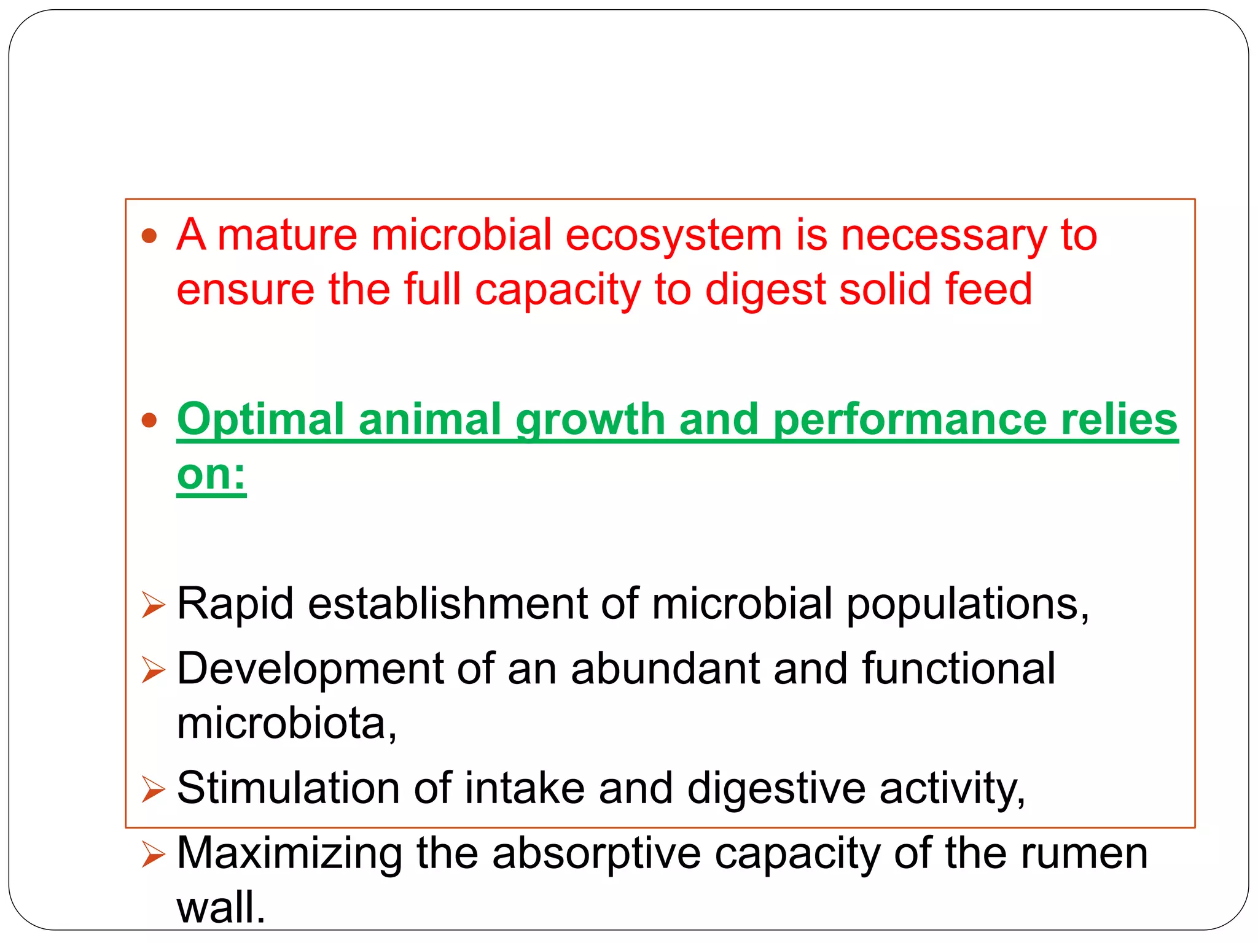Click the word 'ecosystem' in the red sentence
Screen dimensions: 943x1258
673,236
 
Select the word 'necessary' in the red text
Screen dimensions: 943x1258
943,236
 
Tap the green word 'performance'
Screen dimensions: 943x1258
910,420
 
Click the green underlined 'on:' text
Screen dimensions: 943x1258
211,475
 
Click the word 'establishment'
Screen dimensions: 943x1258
448,604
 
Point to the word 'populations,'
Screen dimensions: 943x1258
968,604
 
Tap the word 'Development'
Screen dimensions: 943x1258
310,669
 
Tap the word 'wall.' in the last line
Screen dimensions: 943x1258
221,908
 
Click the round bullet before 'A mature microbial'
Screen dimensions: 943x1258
149,236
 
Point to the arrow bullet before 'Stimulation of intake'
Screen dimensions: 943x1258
153,790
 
